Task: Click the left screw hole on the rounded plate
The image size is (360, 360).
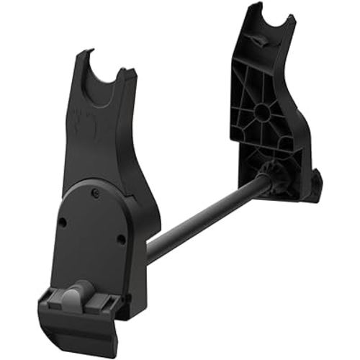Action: [63, 222]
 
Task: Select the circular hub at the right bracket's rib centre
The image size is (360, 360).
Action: [261, 110]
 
